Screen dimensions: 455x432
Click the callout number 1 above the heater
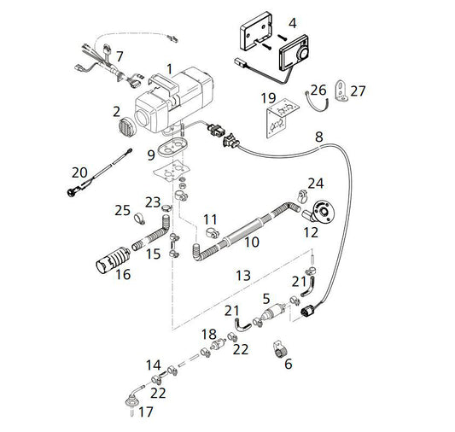pyautogui.click(x=170, y=69)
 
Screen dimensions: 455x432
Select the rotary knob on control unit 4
pyautogui.click(x=304, y=54)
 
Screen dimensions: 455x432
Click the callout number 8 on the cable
pyautogui.click(x=319, y=137)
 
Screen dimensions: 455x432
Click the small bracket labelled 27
pyautogui.click(x=341, y=90)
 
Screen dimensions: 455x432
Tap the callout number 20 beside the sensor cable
pyautogui.click(x=79, y=173)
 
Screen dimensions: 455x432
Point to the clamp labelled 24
pyautogui.click(x=303, y=196)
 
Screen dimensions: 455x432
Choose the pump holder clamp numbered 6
pyautogui.click(x=280, y=350)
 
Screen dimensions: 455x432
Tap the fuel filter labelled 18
pyautogui.click(x=219, y=345)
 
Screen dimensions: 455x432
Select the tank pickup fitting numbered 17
pyautogui.click(x=132, y=401)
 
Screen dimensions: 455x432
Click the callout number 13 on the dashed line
pyautogui.click(x=243, y=275)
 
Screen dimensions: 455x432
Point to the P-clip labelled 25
pyautogui.click(x=140, y=219)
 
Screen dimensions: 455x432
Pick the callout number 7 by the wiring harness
pyautogui.click(x=120, y=56)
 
